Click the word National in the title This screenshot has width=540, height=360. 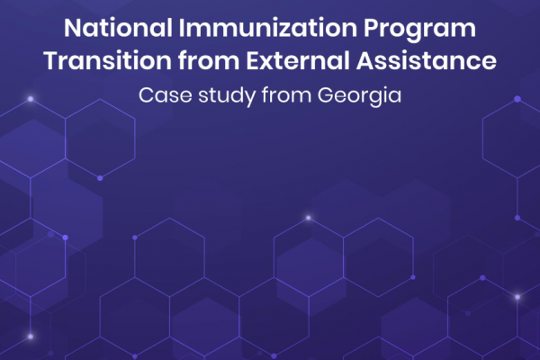[118, 28]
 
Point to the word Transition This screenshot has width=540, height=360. [108, 60]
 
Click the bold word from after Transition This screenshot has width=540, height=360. [209, 60]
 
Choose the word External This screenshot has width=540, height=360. [298, 60]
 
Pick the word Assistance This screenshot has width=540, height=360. [427, 60]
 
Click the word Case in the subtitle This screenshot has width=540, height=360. [166, 95]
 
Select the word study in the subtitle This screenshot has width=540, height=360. [227, 96]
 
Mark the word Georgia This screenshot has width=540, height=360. [359, 96]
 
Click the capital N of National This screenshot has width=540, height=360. [73, 28]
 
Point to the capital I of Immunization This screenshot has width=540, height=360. [182, 28]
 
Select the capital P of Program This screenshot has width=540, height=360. [371, 28]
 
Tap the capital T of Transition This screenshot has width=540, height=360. [53, 61]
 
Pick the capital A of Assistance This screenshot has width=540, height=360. [365, 61]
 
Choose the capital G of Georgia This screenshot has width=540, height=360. [326, 95]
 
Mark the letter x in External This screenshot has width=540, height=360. [269, 64]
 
